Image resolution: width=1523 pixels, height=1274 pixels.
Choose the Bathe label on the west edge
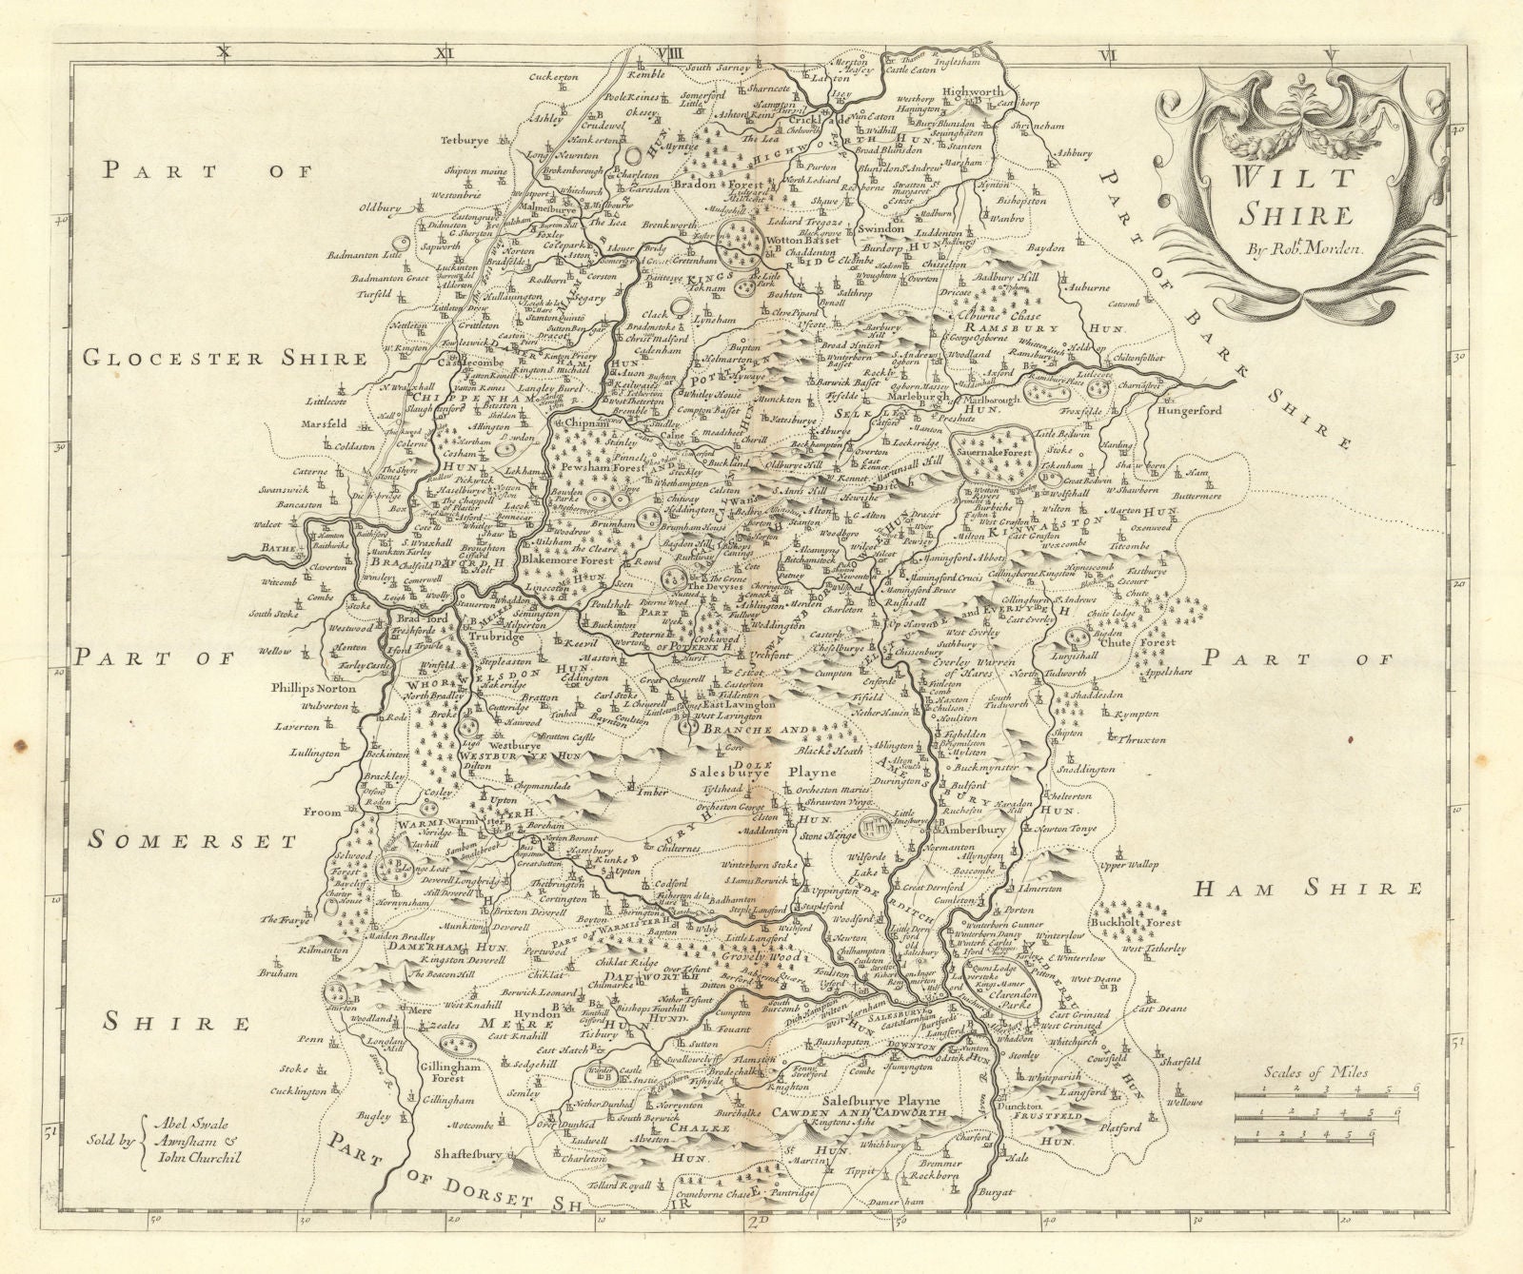tap(279, 549)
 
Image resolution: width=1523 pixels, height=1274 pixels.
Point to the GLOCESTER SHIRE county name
tap(224, 358)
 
